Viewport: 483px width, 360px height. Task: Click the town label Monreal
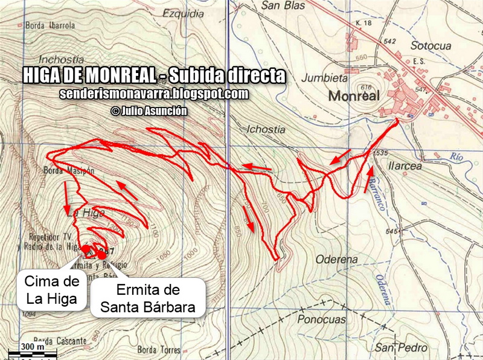click(x=353, y=96)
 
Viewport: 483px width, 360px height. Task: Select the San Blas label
click(x=281, y=7)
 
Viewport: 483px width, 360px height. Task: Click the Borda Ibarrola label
click(x=50, y=26)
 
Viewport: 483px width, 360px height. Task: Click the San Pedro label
click(x=401, y=348)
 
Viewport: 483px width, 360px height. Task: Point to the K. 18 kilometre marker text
click(x=363, y=23)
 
